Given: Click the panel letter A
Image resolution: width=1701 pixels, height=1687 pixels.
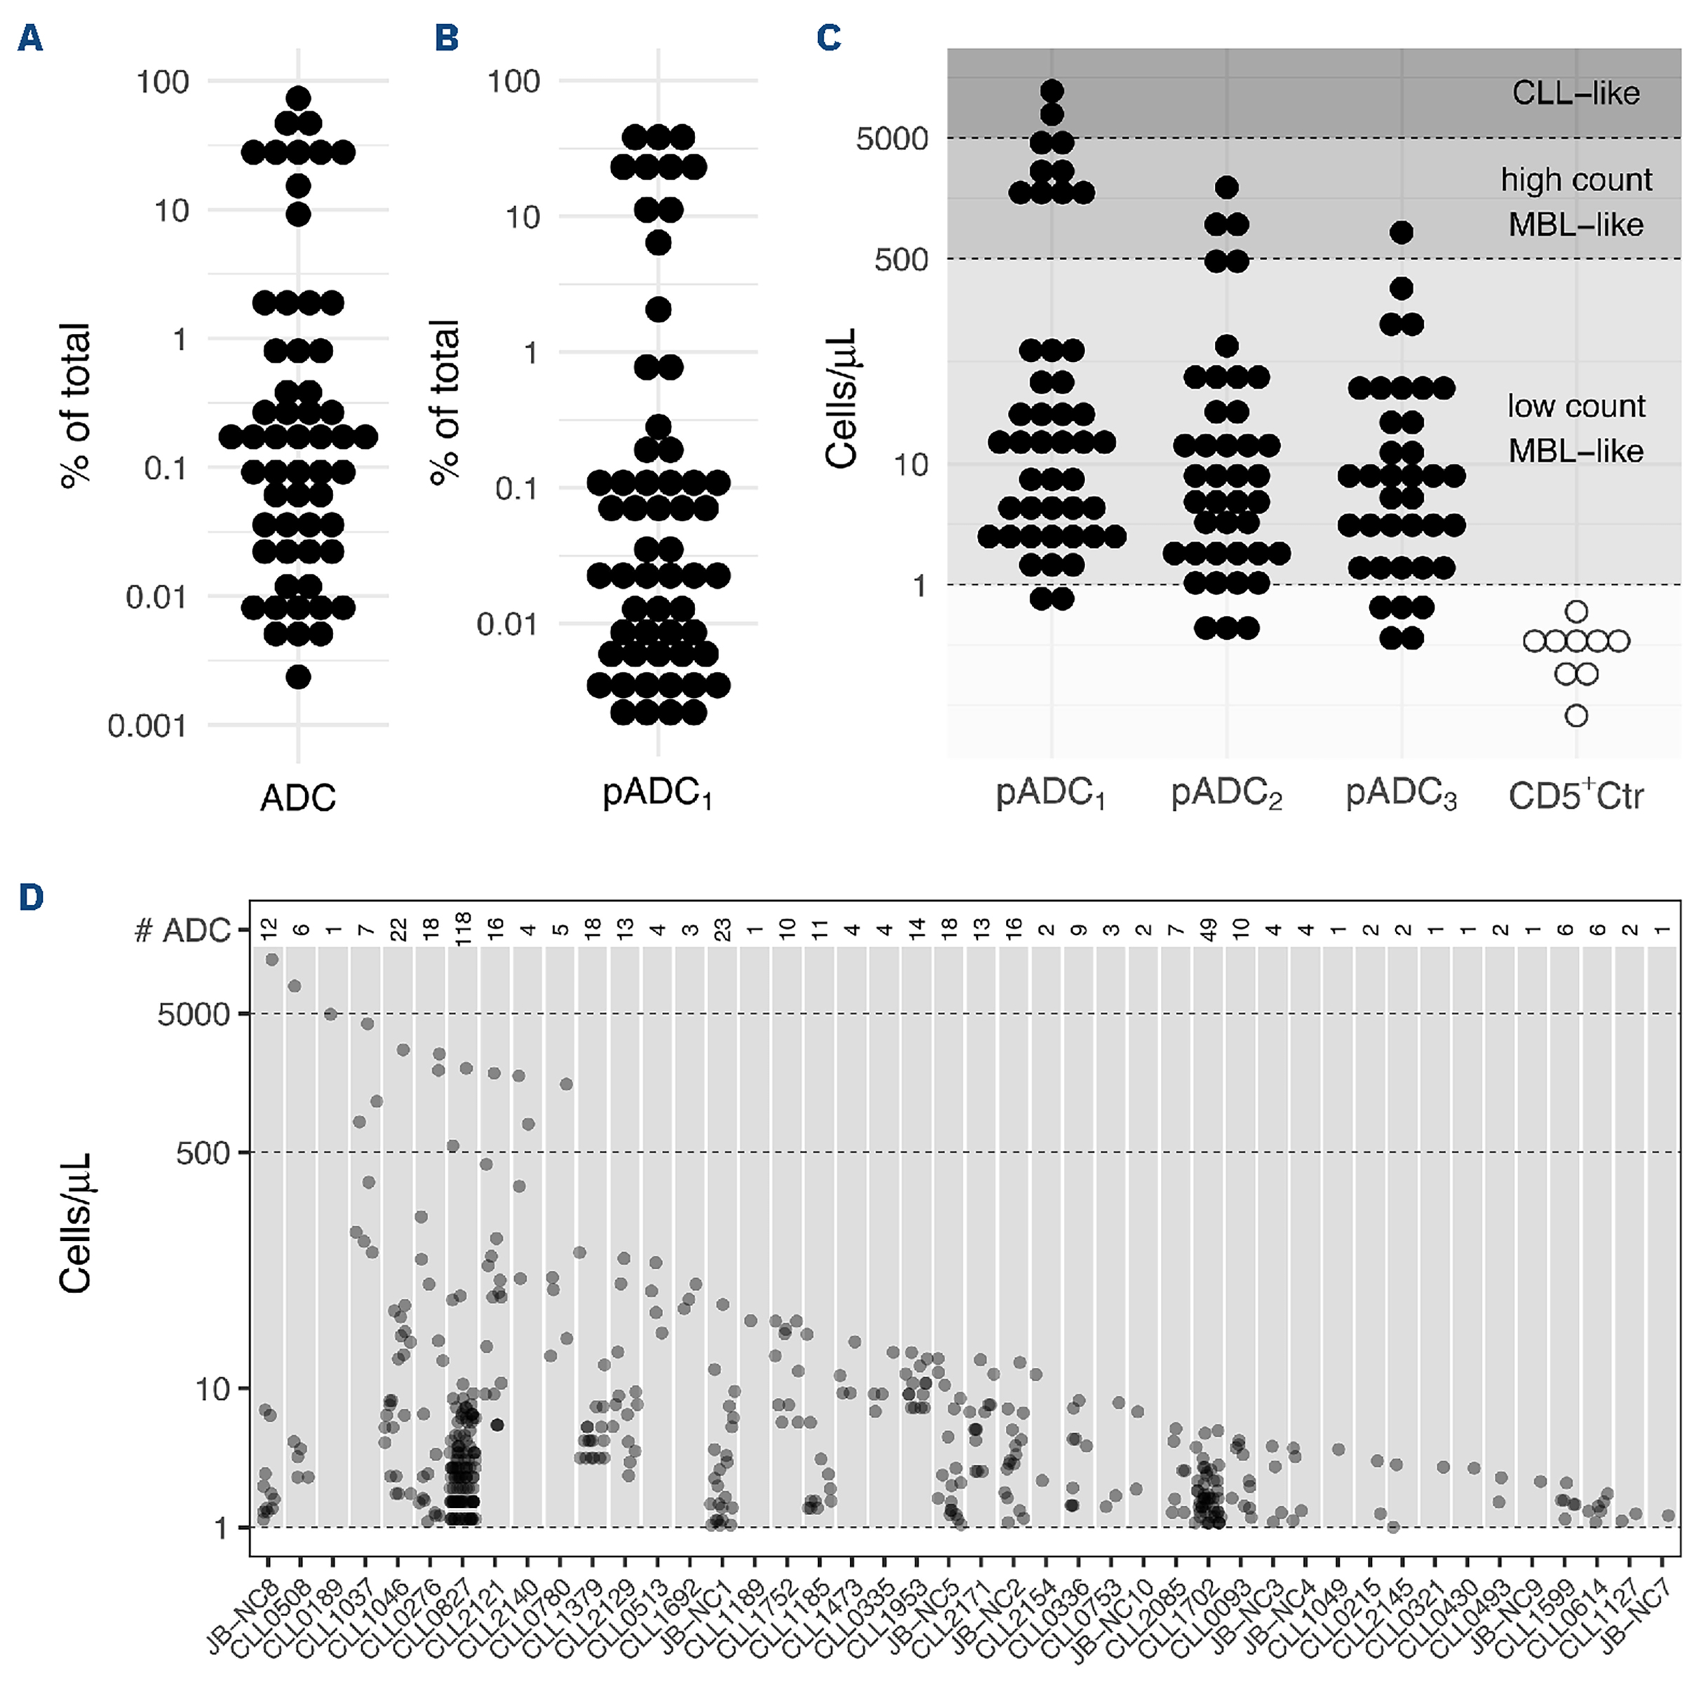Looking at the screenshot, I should [x=30, y=38].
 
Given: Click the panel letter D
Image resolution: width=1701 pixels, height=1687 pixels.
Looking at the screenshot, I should [x=31, y=897].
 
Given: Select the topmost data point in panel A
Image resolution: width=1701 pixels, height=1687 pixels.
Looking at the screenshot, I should [x=299, y=98].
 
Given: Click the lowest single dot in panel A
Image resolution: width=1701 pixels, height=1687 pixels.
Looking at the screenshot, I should [x=299, y=677].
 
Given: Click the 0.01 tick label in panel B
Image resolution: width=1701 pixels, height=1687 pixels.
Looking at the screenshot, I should [x=506, y=624].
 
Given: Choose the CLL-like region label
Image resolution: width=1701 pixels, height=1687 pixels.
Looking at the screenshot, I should [x=1575, y=93].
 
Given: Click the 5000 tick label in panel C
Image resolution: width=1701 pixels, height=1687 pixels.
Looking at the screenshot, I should [x=892, y=138].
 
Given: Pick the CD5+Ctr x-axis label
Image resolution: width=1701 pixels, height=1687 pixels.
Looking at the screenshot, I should [x=1575, y=795].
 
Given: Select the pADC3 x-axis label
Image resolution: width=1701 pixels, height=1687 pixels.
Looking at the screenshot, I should [x=1401, y=795].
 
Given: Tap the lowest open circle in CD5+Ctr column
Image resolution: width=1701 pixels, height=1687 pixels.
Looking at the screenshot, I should [x=1576, y=715].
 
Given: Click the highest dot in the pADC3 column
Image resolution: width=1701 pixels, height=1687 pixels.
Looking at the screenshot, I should [x=1401, y=232].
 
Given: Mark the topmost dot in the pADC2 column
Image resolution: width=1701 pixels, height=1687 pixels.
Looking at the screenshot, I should [x=1226, y=187].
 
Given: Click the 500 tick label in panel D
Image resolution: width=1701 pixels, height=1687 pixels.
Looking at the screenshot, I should [x=203, y=1152].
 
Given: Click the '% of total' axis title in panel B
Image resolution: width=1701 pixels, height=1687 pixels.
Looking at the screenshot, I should [x=445, y=401].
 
